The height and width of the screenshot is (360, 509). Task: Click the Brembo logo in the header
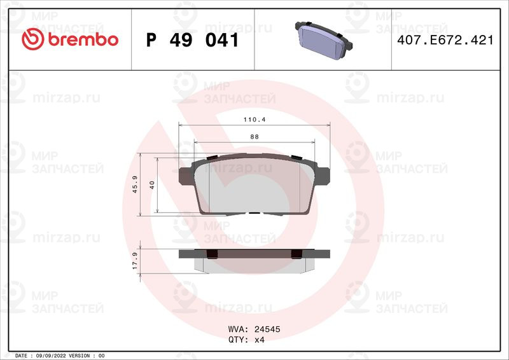(x=70, y=39)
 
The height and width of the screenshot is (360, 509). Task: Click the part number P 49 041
(x=193, y=40)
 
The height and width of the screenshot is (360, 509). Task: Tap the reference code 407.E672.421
(x=445, y=40)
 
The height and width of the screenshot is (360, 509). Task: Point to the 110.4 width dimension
(x=254, y=120)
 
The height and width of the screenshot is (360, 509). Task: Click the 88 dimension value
(x=254, y=137)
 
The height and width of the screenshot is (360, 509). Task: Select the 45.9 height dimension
(x=135, y=184)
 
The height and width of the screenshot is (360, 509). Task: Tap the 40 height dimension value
(x=152, y=185)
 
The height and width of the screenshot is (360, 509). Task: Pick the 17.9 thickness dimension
(x=135, y=261)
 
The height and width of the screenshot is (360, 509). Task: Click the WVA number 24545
(x=267, y=329)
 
